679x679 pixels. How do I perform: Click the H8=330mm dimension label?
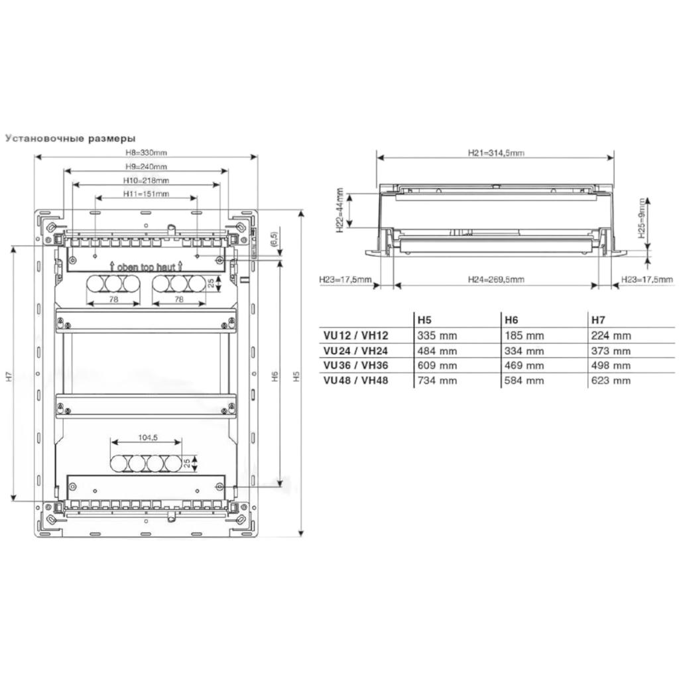point(146,153)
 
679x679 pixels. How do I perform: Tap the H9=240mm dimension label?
point(146,166)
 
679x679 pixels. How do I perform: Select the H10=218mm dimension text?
point(146,180)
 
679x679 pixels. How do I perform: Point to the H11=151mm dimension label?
point(146,194)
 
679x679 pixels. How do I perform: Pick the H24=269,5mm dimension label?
point(496,280)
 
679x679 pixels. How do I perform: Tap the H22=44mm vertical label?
point(339,210)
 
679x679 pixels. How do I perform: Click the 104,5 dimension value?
point(148,438)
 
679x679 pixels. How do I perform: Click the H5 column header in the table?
point(424,320)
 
